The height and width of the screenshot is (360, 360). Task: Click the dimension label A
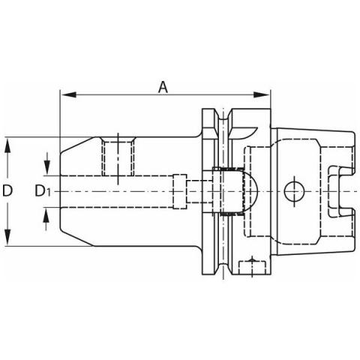click(x=163, y=88)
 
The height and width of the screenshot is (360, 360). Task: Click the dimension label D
click(x=7, y=191)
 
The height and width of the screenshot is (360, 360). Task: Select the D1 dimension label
click(x=43, y=191)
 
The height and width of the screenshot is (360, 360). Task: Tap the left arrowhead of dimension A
click(x=69, y=94)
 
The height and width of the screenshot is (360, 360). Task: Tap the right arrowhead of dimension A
click(x=262, y=94)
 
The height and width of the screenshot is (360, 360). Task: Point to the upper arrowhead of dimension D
click(x=7, y=145)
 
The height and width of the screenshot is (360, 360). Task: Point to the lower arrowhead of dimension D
click(x=7, y=238)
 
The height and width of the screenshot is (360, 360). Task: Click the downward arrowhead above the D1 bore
click(x=46, y=168)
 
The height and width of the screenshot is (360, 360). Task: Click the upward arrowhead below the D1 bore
click(x=46, y=215)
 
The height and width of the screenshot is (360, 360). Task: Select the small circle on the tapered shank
click(x=294, y=191)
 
